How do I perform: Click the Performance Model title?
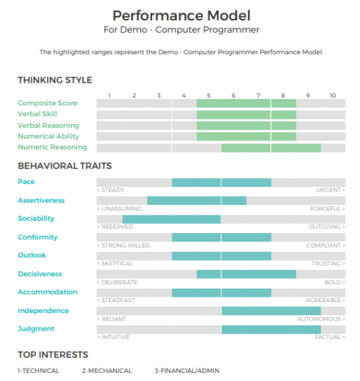click(181, 16)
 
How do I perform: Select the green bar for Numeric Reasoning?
click(271, 148)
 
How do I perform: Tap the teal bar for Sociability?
click(172, 219)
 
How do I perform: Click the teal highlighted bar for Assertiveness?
click(197, 201)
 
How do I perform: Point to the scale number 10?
click(333, 96)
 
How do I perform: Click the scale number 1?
click(109, 96)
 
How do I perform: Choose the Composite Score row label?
click(48, 103)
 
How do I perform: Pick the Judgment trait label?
click(36, 329)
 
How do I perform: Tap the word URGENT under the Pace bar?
click(329, 190)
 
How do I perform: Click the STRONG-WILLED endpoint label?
click(126, 245)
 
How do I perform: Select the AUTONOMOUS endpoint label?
click(319, 319)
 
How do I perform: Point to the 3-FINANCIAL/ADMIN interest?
click(187, 371)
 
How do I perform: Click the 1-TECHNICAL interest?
click(39, 371)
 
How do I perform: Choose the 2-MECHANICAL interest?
click(107, 371)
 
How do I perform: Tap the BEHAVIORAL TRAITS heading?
click(65, 166)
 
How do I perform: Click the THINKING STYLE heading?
click(55, 80)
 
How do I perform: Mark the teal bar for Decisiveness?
click(247, 274)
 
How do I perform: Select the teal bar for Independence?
click(271, 311)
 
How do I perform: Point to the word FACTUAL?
click(327, 337)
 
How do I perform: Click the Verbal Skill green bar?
click(247, 115)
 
